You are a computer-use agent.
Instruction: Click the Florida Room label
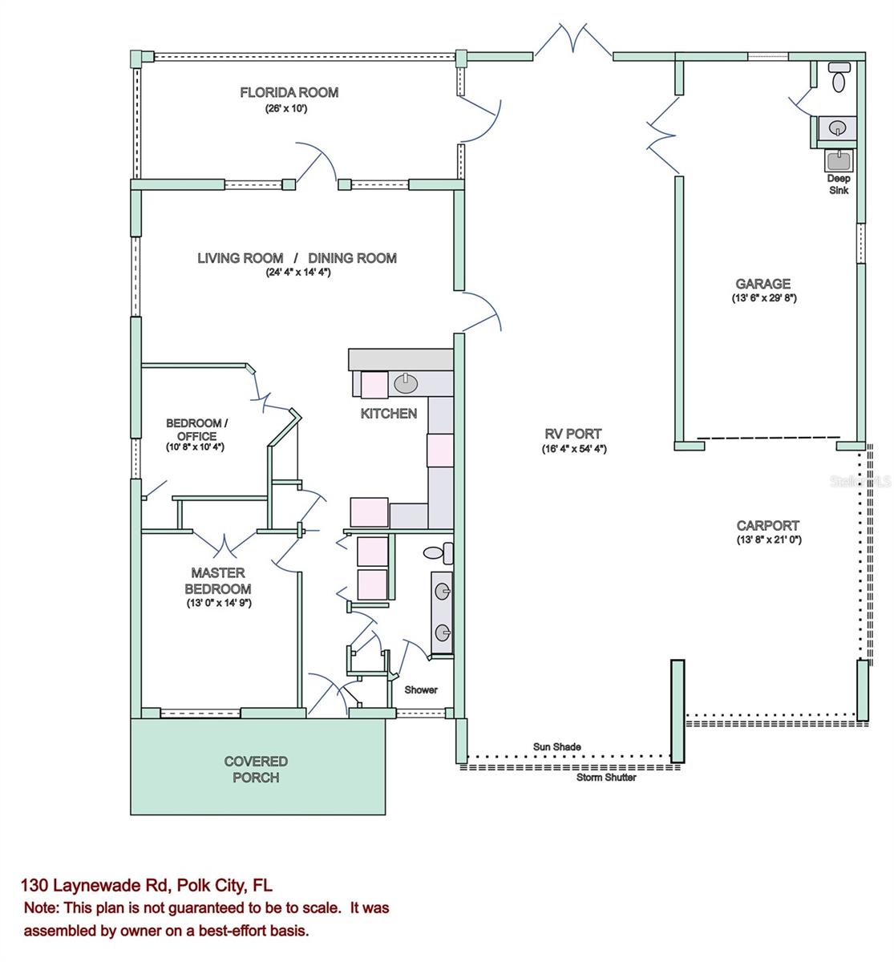pos(289,92)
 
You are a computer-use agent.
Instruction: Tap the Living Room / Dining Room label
pos(297,258)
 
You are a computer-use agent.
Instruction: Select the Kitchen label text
pos(388,414)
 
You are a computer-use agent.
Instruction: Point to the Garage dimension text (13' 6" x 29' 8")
pos(763,297)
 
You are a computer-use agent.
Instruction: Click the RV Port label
pos(572,434)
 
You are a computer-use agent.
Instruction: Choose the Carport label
pos(768,526)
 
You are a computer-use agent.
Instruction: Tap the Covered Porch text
pos(256,770)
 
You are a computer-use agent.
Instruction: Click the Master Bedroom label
pos(217,581)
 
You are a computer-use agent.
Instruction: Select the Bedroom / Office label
pos(197,430)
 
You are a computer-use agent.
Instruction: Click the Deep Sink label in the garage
pos(839,184)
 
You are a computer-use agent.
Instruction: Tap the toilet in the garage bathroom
pos(839,78)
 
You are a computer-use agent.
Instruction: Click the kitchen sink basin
pos(406,383)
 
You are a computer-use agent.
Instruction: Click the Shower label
pos(421,689)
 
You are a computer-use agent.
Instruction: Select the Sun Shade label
pos(557,747)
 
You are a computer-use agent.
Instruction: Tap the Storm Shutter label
pos(606,778)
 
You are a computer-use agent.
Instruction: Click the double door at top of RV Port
pos(572,40)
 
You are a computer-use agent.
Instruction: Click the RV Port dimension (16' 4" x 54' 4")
pos(573,449)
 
